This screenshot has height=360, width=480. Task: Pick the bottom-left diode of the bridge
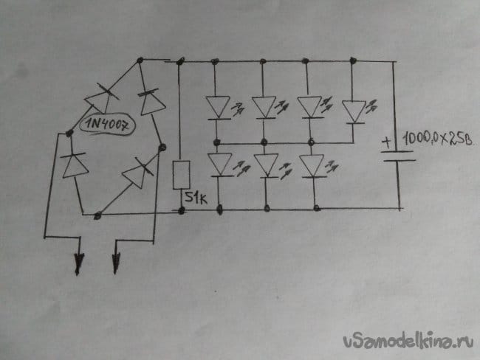(x=75, y=165)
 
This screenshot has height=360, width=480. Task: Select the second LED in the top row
(x=264, y=107)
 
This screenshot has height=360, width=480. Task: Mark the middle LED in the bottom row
(x=265, y=165)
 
